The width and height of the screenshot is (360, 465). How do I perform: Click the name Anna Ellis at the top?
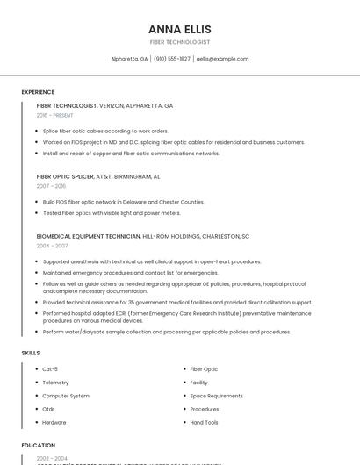click(180, 29)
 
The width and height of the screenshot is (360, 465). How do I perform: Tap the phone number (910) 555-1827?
click(172, 59)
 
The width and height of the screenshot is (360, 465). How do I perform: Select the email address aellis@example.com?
click(222, 59)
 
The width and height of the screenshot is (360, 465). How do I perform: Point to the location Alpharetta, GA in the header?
click(129, 59)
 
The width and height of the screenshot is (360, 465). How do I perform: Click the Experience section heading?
click(38, 92)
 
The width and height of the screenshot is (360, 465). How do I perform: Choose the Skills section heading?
click(31, 353)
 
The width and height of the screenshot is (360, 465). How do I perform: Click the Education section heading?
click(38, 446)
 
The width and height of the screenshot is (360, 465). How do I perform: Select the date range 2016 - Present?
click(55, 115)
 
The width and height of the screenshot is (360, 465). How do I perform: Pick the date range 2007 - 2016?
click(51, 186)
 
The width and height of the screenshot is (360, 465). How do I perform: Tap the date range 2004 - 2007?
click(51, 246)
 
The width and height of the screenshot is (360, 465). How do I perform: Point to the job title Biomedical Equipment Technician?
click(89, 236)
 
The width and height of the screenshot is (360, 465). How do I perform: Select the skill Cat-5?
click(50, 369)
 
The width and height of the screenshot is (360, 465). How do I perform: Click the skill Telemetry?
click(55, 383)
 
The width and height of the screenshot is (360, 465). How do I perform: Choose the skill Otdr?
click(48, 409)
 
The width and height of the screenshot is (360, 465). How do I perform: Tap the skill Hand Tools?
click(205, 422)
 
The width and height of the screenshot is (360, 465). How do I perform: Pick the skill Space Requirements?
click(216, 396)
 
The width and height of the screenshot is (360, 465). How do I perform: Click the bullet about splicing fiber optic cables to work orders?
click(105, 131)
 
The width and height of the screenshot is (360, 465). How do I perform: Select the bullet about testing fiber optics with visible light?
click(112, 213)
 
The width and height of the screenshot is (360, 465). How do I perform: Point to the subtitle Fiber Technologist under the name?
click(180, 42)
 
